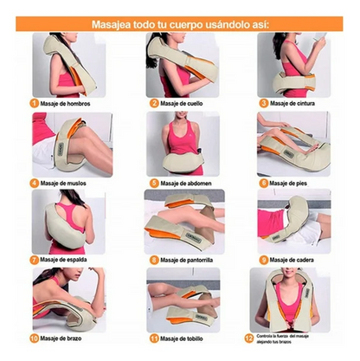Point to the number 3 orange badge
[x=263, y=103]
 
